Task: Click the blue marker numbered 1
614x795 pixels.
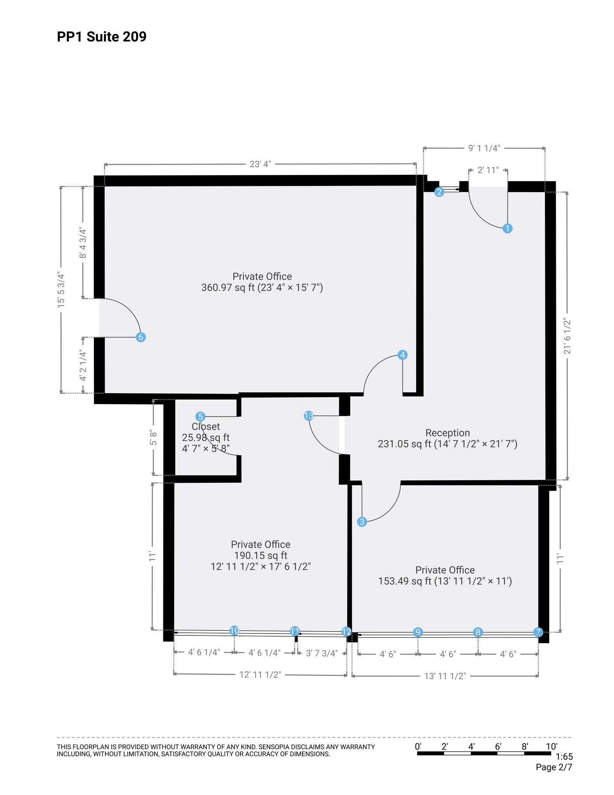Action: click(x=507, y=228)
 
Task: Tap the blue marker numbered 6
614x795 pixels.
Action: click(x=141, y=337)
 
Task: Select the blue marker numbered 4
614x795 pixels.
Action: click(x=403, y=354)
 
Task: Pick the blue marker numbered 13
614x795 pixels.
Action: click(x=309, y=416)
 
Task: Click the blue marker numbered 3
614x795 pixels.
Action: click(x=362, y=522)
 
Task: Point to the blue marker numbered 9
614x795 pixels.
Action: click(x=418, y=632)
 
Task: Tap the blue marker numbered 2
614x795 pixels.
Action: click(x=439, y=192)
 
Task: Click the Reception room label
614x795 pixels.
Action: click(x=447, y=432)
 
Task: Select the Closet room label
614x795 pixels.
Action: click(x=206, y=426)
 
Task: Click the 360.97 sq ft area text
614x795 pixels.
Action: click(x=229, y=288)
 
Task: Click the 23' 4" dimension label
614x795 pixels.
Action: click(x=260, y=164)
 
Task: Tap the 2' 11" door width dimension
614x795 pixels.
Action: click(x=488, y=170)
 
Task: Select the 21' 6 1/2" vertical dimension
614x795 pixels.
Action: click(x=567, y=336)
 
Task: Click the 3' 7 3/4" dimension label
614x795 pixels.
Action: click(x=322, y=653)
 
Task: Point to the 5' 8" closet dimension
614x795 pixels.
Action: click(x=154, y=437)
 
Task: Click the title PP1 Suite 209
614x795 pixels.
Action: click(x=102, y=36)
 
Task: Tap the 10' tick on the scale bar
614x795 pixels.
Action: click(x=551, y=746)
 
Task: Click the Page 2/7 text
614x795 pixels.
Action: click(x=553, y=767)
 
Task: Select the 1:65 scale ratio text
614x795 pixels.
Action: click(x=564, y=757)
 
